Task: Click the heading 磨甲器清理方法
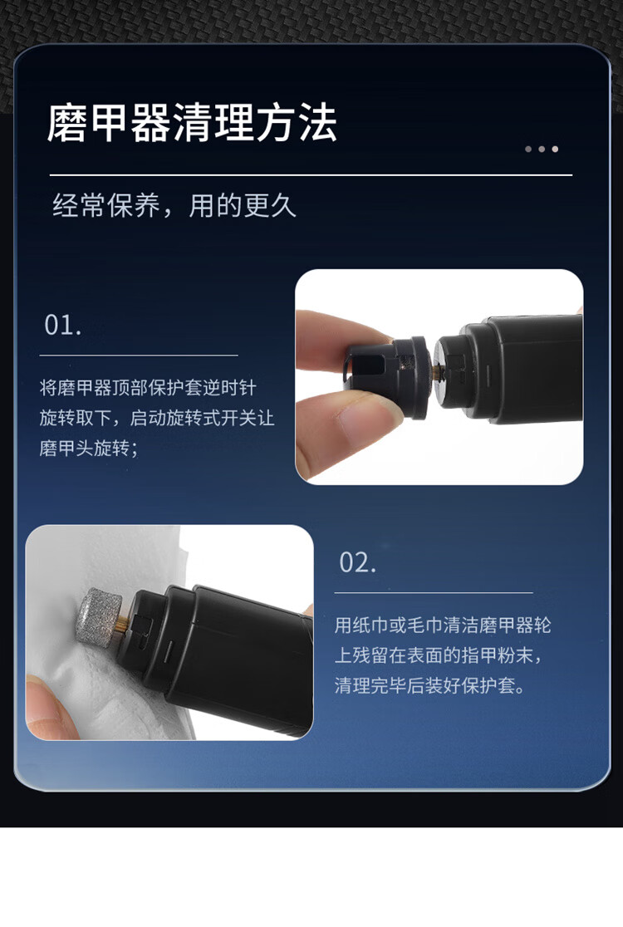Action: coord(192,123)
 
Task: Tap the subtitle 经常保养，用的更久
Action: coord(174,206)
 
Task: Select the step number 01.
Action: coord(62,325)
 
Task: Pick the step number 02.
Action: coord(358,562)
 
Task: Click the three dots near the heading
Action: coord(542,149)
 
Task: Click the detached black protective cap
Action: coord(385,376)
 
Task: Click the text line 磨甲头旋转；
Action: coord(89,448)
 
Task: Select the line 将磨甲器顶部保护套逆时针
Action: coord(148,388)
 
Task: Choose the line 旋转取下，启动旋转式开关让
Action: coord(157,418)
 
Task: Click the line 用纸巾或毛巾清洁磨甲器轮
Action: coord(443,625)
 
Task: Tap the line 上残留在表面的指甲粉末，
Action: coord(438,655)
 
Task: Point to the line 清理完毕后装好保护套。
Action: coord(429,686)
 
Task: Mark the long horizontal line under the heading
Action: coord(311,175)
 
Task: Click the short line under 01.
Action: coord(139,356)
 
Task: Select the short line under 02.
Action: coord(434,592)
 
